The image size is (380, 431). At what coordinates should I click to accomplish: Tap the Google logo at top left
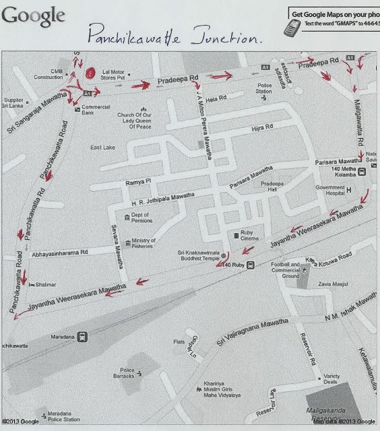point(34,15)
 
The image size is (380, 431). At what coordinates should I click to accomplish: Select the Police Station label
point(264,88)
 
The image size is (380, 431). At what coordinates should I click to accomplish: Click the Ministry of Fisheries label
point(144,244)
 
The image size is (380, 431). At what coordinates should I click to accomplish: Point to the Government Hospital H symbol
point(350,191)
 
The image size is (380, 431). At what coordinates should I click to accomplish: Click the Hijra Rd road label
point(261,127)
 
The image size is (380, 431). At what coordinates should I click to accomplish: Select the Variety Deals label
point(335,380)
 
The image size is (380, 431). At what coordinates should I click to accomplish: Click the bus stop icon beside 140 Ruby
point(251,264)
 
